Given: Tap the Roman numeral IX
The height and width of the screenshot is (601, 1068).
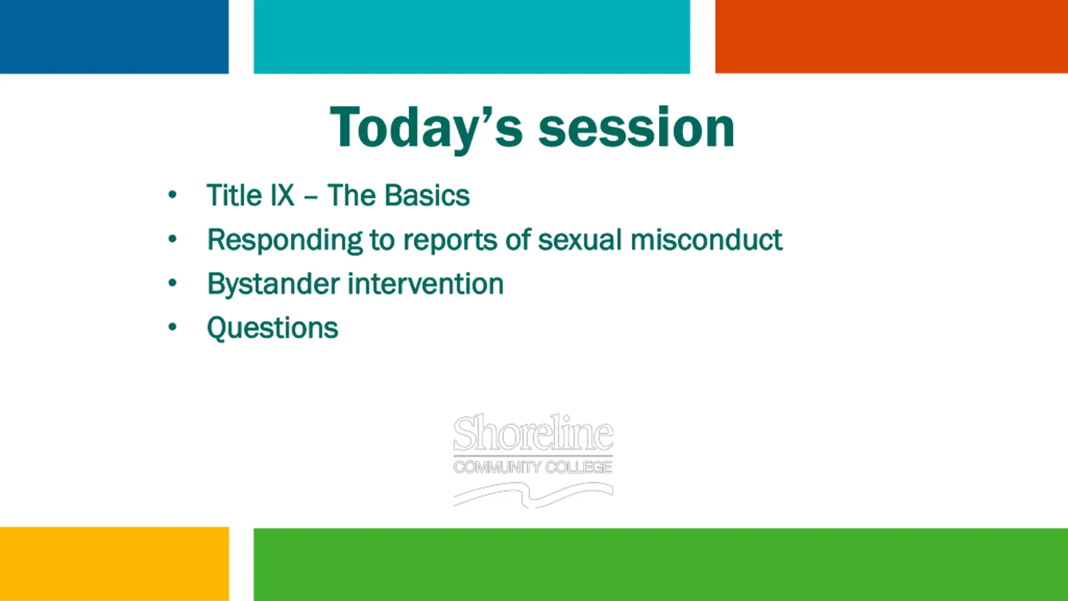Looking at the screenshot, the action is (x=282, y=195).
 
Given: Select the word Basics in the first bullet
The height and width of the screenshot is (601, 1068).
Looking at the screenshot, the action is (x=428, y=195).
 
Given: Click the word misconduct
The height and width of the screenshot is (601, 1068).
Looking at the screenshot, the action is (x=706, y=240).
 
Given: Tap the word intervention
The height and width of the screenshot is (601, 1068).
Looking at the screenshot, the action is (x=426, y=284).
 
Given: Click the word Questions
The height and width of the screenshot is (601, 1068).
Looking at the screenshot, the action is (x=272, y=328).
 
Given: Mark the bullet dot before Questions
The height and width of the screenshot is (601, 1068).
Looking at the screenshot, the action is (x=172, y=327).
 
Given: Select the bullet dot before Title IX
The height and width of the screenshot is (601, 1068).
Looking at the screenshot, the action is (x=172, y=194).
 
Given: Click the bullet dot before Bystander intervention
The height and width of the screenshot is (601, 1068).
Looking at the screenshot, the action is (x=172, y=283).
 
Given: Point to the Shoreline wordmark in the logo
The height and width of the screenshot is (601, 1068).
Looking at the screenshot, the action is (x=533, y=432).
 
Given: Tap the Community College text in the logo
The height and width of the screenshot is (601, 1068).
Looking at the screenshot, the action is (x=533, y=467).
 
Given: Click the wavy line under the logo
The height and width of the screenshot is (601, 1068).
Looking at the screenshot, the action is (x=533, y=495).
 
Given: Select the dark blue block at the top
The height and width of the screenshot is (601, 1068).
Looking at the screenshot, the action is (x=114, y=37).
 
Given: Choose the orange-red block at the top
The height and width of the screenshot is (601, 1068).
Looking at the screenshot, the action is (x=892, y=37).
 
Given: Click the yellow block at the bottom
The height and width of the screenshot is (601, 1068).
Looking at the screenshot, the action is (x=114, y=564).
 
